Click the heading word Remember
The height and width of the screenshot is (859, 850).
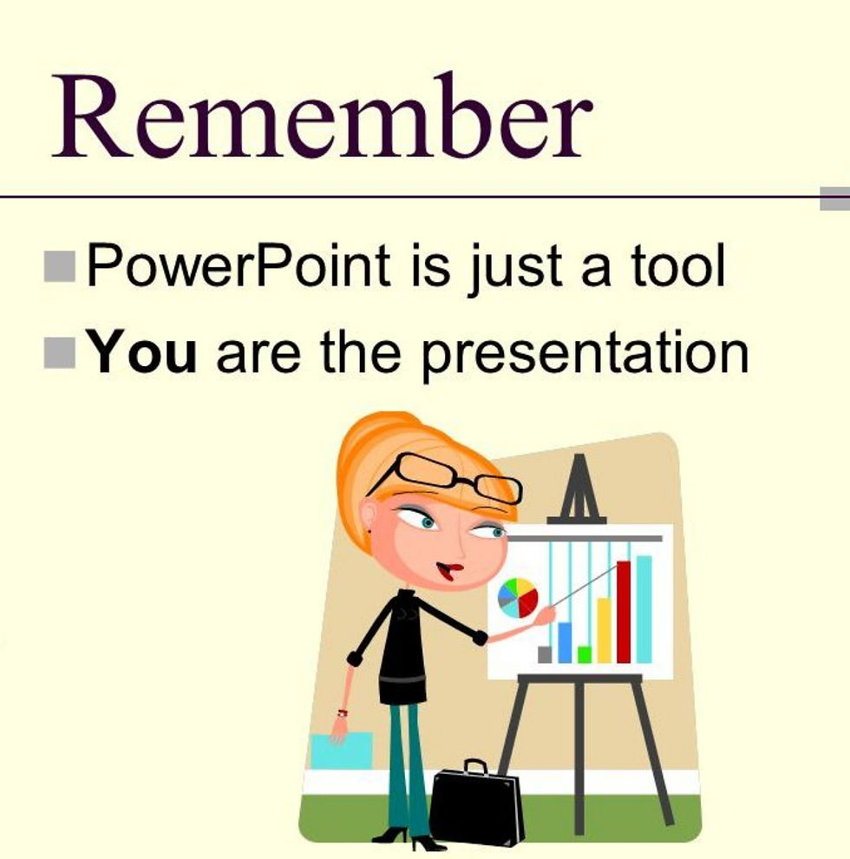pyautogui.click(x=322, y=115)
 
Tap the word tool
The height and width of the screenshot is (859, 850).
pyautogui.click(x=677, y=266)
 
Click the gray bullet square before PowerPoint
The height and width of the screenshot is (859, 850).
pyautogui.click(x=60, y=266)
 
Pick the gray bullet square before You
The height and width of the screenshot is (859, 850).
pyautogui.click(x=60, y=353)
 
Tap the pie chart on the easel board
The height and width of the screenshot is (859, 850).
pyautogui.click(x=518, y=598)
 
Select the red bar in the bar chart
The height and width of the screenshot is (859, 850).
pyautogui.click(x=624, y=612)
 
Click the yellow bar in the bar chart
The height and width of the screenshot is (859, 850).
pyautogui.click(x=604, y=630)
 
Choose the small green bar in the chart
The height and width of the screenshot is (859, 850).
pyautogui.click(x=585, y=654)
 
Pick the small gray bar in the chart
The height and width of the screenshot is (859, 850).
pyautogui.click(x=545, y=654)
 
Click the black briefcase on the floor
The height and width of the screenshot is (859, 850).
pyautogui.click(x=476, y=803)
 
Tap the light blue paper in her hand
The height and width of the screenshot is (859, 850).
pyautogui.click(x=342, y=751)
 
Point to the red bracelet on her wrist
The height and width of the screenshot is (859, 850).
pyautogui.click(x=343, y=712)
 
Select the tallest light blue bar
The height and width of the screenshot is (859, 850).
pyautogui.click(x=644, y=609)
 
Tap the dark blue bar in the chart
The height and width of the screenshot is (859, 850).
pyautogui.click(x=565, y=643)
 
